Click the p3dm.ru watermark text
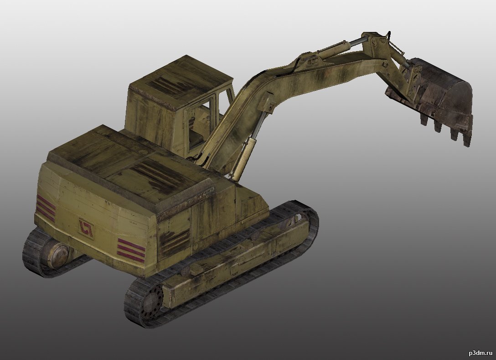480,353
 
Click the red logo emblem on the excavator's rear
86,229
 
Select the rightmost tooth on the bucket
467,139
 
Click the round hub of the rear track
59,255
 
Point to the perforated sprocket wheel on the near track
151,303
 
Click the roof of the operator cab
181,81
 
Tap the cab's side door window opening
199,127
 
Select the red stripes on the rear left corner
46,208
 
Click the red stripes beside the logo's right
131,250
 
